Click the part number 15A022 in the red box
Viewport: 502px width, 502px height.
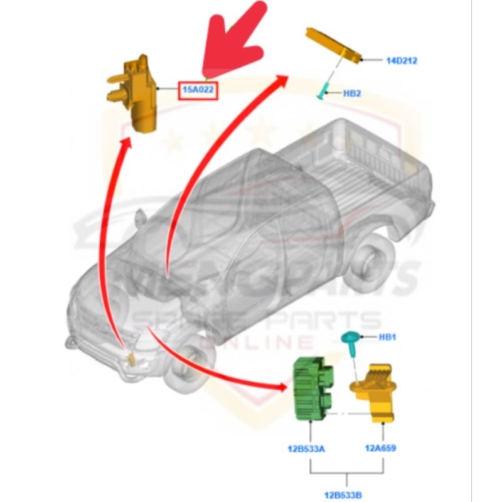pos(198,90)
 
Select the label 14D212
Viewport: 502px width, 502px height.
pos(402,61)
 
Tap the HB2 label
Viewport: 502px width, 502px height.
pos(351,93)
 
